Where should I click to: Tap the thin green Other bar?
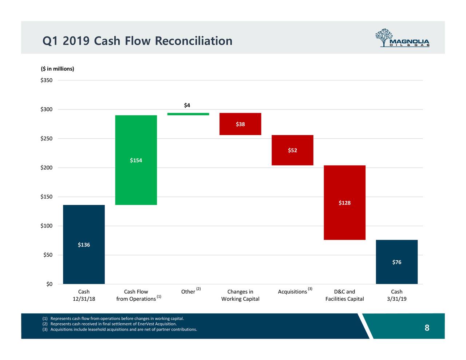click(x=188, y=114)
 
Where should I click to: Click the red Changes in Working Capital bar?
click(x=240, y=124)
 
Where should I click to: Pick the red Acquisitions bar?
click(x=292, y=150)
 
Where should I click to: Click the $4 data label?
click(x=187, y=106)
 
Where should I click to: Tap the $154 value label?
click(x=136, y=161)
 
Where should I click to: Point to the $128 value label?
click(x=344, y=203)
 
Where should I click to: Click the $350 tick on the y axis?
click(x=46, y=80)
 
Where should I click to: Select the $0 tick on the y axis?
click(x=49, y=284)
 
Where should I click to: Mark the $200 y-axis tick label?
click(x=46, y=168)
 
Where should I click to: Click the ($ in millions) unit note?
click(x=57, y=69)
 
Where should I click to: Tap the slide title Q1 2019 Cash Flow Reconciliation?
click(x=137, y=41)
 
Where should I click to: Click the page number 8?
click(x=427, y=328)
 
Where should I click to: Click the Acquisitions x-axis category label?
click(x=292, y=292)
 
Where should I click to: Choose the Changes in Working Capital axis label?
click(x=240, y=295)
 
